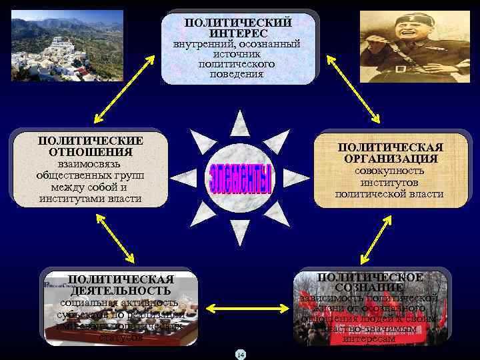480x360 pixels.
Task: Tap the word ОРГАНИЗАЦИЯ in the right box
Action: [391, 159]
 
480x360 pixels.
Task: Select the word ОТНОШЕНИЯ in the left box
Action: [91, 152]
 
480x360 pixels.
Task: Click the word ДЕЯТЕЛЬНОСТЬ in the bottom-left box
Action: [121, 291]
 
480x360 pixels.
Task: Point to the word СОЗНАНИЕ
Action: [369, 287]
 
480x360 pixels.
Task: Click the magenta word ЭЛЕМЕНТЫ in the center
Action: [241, 178]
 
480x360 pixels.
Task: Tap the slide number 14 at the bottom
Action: [241, 354]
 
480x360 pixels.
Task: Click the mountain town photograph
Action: [67, 45]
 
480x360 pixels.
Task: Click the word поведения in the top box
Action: [239, 74]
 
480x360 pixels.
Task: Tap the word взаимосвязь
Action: [90, 164]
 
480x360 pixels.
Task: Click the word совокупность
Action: [391, 171]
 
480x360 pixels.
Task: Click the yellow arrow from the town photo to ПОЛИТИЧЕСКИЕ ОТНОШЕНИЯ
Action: [110, 96]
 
